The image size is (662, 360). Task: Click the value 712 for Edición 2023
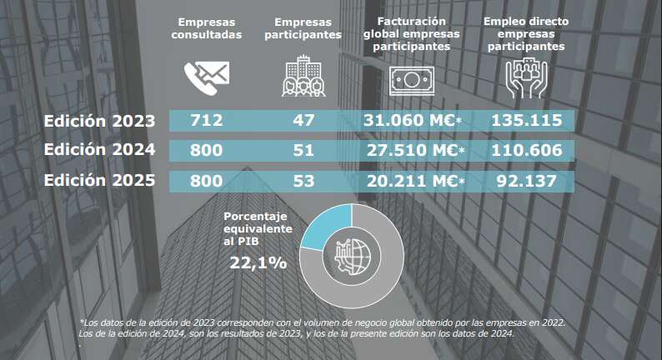pyautogui.click(x=207, y=120)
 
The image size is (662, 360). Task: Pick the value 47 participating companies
pyautogui.click(x=303, y=120)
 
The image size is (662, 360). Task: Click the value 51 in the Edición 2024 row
pyautogui.click(x=303, y=151)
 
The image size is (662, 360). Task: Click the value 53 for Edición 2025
pyautogui.click(x=303, y=181)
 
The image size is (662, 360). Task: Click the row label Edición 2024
pyautogui.click(x=100, y=151)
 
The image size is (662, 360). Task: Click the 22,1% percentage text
pyautogui.click(x=258, y=263)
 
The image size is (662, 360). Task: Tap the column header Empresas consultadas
pyautogui.click(x=206, y=28)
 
